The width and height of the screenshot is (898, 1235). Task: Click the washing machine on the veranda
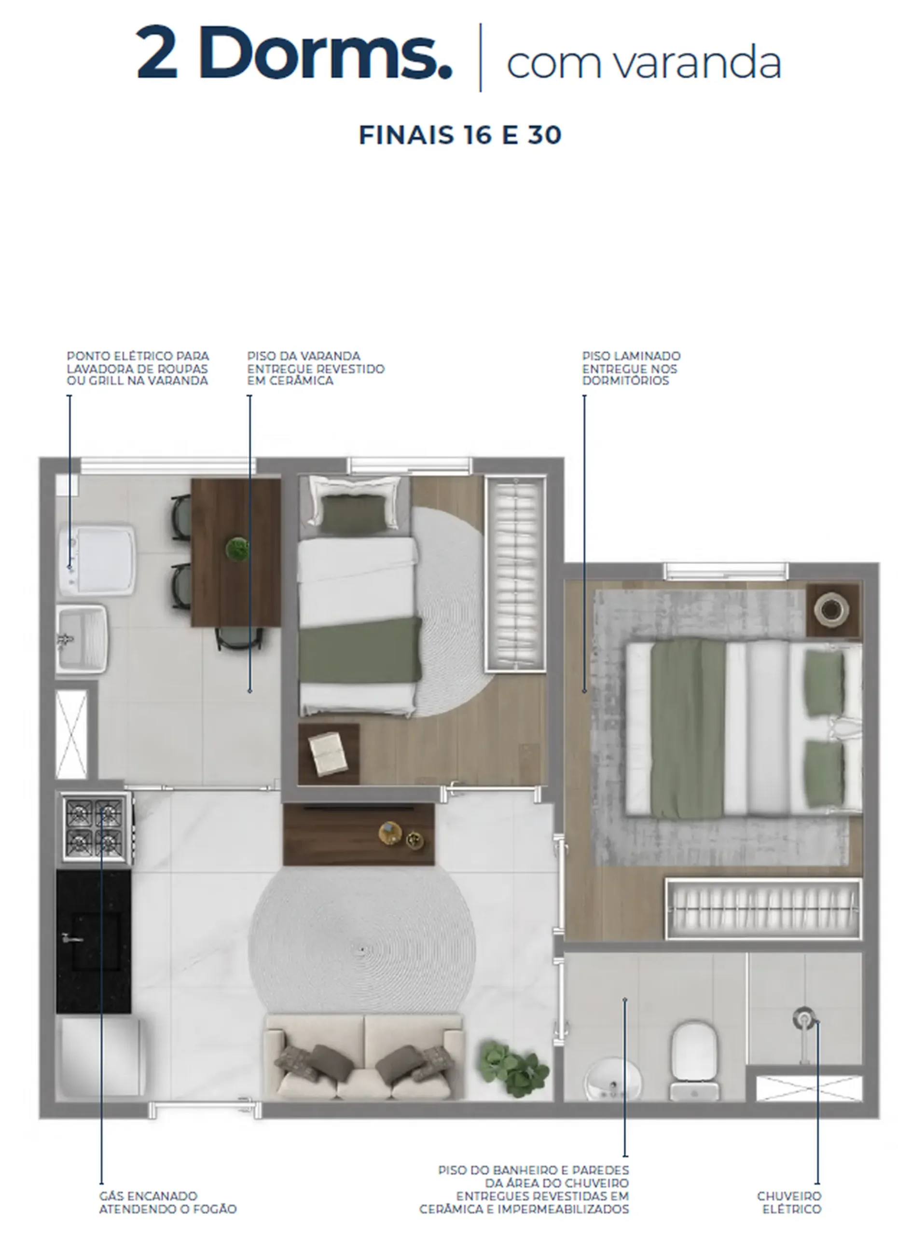point(97,559)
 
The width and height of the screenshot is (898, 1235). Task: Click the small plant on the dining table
point(237,549)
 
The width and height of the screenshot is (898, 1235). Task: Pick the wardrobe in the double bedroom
point(763,909)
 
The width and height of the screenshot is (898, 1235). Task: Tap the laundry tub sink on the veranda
point(82,639)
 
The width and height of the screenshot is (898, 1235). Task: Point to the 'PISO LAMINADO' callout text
point(631,356)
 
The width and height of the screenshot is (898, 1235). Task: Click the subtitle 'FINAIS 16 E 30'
point(460,135)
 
